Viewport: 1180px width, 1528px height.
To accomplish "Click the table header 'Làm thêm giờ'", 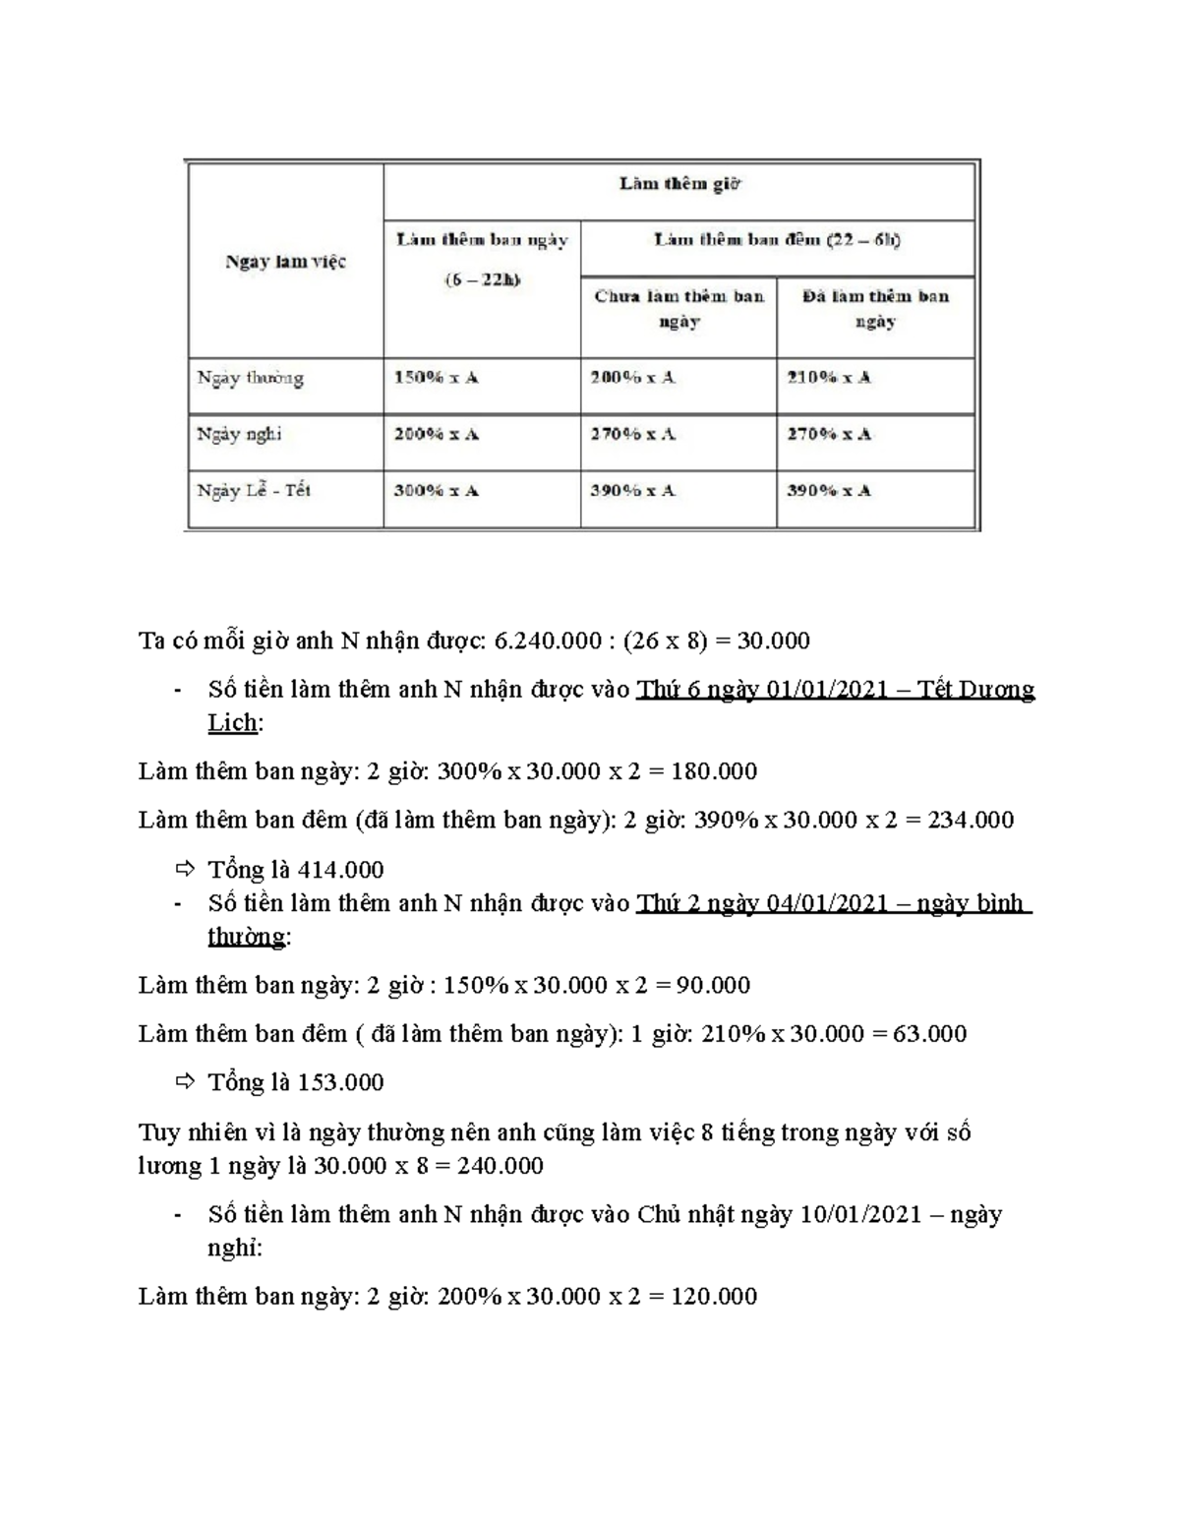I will (678, 184).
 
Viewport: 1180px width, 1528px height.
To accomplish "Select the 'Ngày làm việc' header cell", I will (285, 262).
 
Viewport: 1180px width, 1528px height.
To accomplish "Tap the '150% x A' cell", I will (436, 378).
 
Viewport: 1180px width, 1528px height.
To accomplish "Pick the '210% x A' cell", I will (828, 378).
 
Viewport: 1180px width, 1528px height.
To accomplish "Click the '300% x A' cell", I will (436, 491).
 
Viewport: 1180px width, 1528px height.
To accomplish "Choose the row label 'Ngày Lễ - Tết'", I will (254, 491).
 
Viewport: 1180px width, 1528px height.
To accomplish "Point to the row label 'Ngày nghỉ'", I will (239, 434).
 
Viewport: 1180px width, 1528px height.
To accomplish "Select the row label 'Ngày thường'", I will (250, 378).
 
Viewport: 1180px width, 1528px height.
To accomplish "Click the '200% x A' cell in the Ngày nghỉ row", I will (436, 434).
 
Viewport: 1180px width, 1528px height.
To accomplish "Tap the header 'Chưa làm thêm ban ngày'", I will (678, 309).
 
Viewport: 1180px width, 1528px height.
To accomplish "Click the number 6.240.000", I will (548, 642).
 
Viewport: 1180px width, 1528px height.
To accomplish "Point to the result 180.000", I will (714, 771).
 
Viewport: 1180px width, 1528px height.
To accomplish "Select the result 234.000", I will (971, 821).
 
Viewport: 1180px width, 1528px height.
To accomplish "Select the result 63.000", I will (929, 1034).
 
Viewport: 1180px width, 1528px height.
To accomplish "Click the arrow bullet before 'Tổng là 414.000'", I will (184, 869).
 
